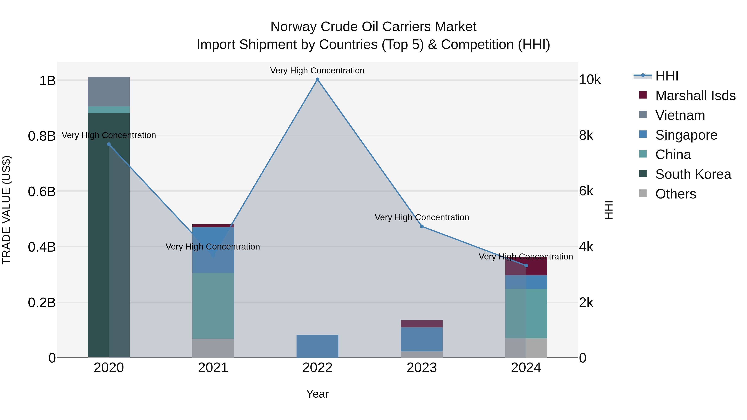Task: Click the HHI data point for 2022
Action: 317,79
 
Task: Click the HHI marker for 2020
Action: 109,144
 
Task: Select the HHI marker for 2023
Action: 422,226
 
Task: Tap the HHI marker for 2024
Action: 526,265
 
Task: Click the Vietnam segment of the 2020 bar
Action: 109,92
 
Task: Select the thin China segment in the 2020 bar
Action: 109,110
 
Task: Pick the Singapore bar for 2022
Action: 317,346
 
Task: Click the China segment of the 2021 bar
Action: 213,306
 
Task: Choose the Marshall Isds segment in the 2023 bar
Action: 422,324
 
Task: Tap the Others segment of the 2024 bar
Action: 526,348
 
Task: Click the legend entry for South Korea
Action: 693,174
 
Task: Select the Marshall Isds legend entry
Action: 695,96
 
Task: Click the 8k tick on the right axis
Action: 586,136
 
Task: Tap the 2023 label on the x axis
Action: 422,368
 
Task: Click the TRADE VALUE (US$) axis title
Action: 6,210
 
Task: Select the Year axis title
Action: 317,394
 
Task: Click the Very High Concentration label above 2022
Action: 317,71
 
